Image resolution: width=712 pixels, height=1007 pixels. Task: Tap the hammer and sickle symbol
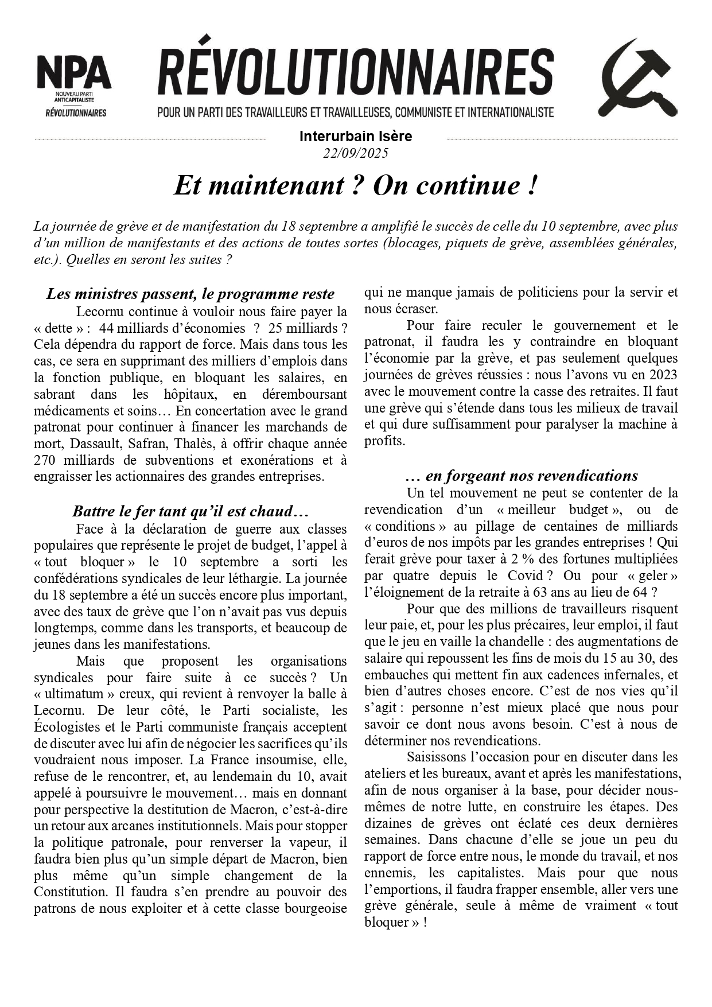(x=638, y=79)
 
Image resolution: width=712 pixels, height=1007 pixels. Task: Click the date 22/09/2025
(x=356, y=153)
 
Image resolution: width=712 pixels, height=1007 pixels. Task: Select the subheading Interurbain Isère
(x=356, y=137)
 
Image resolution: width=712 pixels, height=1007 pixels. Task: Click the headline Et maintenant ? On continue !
(x=356, y=185)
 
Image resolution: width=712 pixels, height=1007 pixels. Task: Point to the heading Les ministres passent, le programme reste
(x=190, y=294)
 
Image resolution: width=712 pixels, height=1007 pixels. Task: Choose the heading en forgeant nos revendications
(x=521, y=476)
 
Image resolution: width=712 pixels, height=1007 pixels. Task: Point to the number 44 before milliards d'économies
(x=107, y=328)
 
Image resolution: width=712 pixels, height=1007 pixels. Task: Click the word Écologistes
(x=72, y=727)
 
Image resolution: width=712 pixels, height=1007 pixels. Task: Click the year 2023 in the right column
(x=662, y=375)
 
